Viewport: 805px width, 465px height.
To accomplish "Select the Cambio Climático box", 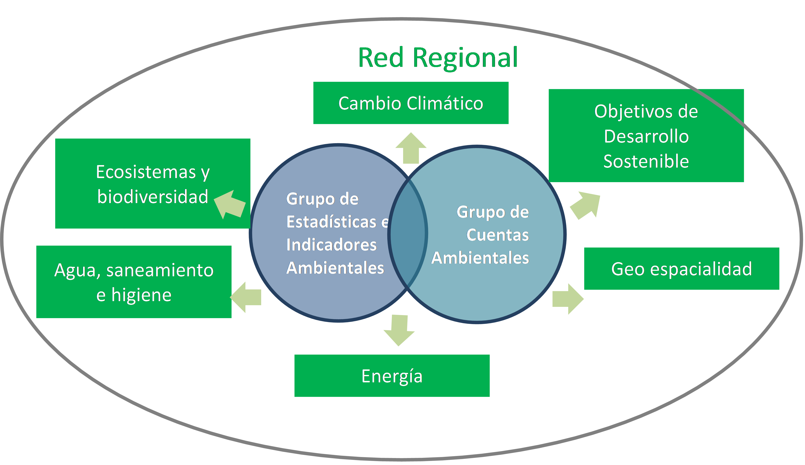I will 411,103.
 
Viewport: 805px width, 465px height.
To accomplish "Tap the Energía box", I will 392,376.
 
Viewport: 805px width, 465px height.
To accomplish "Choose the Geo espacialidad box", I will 682,268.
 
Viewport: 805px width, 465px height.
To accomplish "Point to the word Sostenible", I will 646,161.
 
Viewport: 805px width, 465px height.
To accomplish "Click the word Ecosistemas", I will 146,172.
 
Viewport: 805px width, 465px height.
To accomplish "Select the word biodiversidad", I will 153,197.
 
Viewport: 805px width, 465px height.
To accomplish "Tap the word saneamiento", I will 160,270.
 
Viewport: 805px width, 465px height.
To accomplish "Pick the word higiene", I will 141,295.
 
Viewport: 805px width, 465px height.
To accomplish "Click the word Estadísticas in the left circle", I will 332,222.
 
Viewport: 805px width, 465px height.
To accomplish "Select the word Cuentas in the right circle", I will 497,235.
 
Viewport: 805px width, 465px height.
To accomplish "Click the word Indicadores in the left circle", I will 331,245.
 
